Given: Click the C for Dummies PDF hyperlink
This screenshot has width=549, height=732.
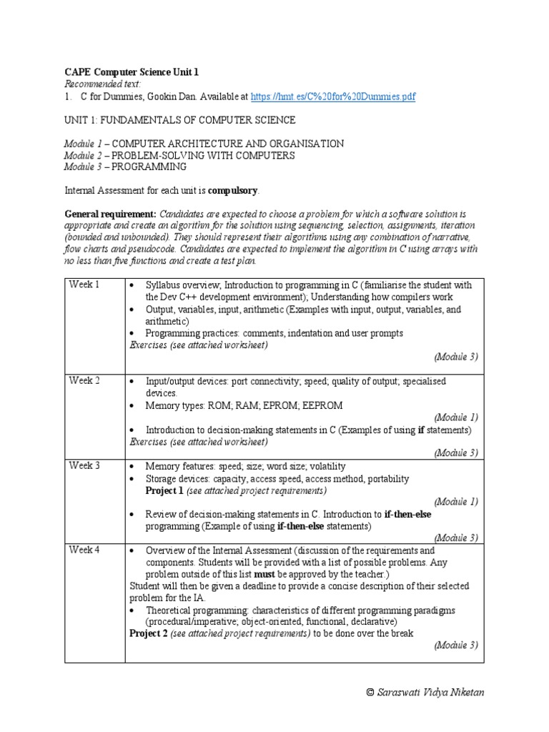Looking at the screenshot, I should [333, 97].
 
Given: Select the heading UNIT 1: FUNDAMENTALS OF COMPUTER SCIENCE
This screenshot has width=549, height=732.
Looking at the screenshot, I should [179, 120].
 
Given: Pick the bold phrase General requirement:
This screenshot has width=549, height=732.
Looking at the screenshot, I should [111, 214].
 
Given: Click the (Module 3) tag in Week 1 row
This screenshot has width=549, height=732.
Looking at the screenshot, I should [455, 356].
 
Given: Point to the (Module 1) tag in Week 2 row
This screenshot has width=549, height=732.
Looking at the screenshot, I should [455, 417].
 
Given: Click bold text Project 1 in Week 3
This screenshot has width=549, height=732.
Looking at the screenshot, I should [164, 490].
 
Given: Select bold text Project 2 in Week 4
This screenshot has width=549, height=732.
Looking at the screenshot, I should [148, 633].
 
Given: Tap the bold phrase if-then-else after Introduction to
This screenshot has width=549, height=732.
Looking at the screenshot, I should [407, 514].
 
